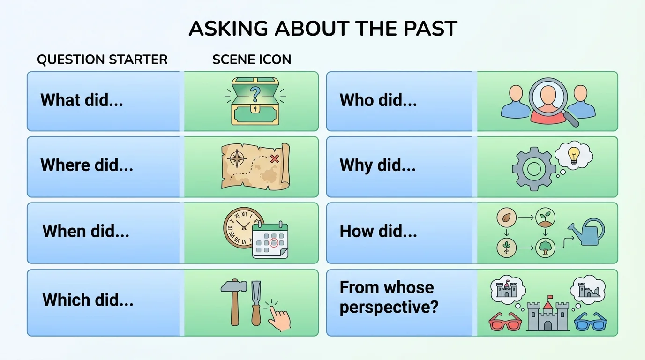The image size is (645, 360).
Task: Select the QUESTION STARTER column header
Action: (102, 60)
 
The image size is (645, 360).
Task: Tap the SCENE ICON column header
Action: (252, 60)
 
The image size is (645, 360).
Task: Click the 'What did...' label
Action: (82, 100)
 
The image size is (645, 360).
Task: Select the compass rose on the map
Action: (236, 159)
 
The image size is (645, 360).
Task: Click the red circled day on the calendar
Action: (274, 243)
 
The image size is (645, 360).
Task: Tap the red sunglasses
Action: (505, 322)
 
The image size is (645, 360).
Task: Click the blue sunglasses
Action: (590, 322)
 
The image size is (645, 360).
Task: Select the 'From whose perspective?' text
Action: (389, 297)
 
